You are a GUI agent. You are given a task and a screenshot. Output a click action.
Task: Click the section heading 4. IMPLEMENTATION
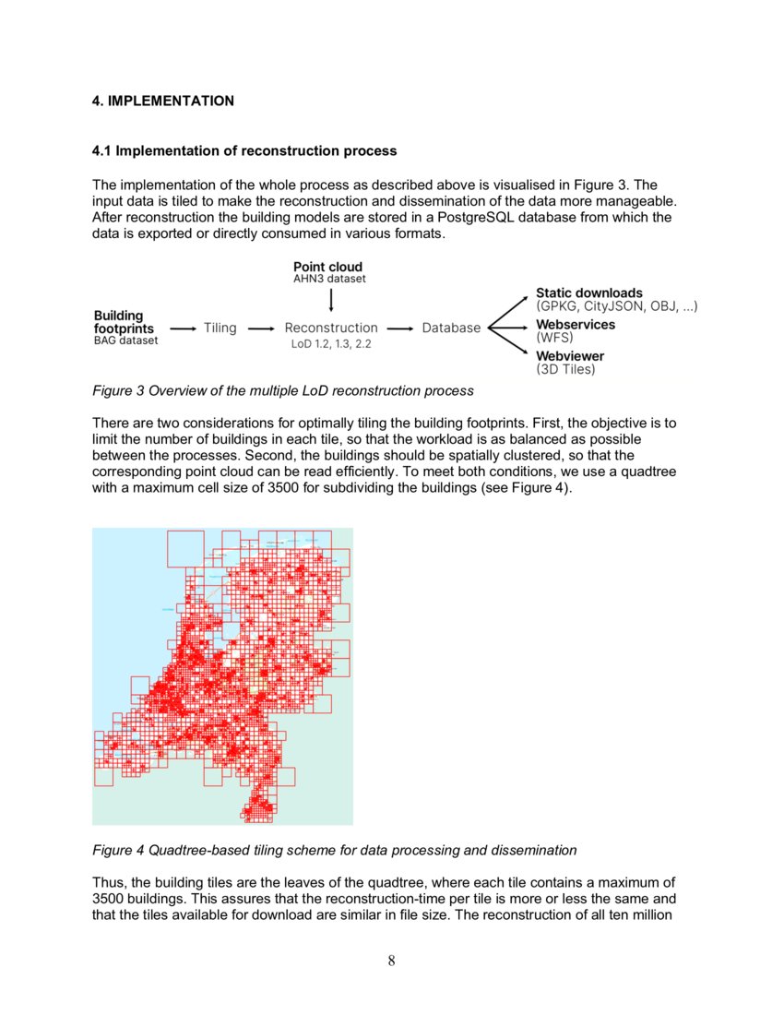tap(163, 101)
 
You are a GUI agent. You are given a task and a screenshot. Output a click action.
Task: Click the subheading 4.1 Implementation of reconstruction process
tap(244, 150)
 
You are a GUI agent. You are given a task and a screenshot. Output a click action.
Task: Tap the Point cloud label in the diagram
tap(327, 267)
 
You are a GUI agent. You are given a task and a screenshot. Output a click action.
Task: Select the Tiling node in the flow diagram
tap(220, 328)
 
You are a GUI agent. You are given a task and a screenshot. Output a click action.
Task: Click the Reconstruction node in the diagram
tap(331, 328)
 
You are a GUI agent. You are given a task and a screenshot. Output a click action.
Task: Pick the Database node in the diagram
tap(451, 328)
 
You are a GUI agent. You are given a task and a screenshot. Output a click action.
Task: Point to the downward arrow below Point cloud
tap(330, 299)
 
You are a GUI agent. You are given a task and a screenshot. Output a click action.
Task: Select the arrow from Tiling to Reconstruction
tap(262, 328)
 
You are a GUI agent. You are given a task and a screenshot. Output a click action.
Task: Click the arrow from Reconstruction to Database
tap(399, 328)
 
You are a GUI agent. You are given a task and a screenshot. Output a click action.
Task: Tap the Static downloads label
tap(588, 293)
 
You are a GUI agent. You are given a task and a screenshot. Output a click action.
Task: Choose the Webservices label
tap(576, 325)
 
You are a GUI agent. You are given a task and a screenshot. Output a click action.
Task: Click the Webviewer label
tap(570, 355)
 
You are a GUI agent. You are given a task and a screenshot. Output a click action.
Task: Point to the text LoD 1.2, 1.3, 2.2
tap(331, 344)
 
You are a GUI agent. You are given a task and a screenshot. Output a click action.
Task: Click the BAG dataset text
tap(125, 340)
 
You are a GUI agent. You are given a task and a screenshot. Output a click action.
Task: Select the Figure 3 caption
tap(283, 390)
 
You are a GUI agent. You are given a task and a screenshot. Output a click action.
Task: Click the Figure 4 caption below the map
tap(335, 850)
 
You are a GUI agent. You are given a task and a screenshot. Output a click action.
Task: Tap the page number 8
tap(392, 961)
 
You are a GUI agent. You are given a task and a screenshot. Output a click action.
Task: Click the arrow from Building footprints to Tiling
tap(184, 328)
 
